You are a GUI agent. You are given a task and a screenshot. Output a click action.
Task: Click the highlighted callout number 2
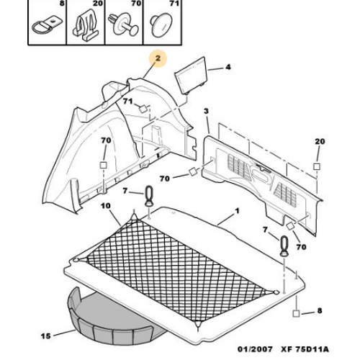click(x=158, y=58)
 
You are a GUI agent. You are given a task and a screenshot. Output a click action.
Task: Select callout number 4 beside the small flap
click(x=228, y=67)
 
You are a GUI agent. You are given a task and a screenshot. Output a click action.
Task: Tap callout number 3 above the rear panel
click(x=206, y=111)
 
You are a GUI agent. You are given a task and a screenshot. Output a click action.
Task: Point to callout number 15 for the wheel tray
click(x=45, y=336)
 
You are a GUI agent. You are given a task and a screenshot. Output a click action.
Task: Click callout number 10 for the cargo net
click(x=106, y=206)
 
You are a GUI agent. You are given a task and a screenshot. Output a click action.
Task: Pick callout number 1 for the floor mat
click(x=238, y=211)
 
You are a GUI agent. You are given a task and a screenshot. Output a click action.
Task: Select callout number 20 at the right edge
click(x=320, y=141)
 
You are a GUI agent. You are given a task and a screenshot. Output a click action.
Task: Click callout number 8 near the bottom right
click(x=320, y=310)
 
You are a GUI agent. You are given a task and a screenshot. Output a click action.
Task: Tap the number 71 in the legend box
click(x=174, y=4)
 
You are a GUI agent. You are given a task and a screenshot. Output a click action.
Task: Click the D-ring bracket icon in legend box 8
click(x=47, y=27)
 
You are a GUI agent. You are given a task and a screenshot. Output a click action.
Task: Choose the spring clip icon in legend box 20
click(x=86, y=24)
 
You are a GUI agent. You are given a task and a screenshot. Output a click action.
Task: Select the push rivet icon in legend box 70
click(x=123, y=24)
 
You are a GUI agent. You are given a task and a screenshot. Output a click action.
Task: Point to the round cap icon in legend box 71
click(x=161, y=25)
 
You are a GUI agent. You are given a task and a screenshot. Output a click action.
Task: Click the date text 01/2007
click(x=255, y=349)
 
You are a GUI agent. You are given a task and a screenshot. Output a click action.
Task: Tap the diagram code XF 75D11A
click(x=305, y=349)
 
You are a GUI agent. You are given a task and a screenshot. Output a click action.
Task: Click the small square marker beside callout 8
click(x=296, y=313)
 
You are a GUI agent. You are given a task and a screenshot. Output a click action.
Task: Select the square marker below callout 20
click(x=317, y=166)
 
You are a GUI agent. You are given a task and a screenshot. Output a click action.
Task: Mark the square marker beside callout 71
click(x=143, y=109)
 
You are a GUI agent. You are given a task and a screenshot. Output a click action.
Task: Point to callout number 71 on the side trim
click(x=128, y=102)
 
